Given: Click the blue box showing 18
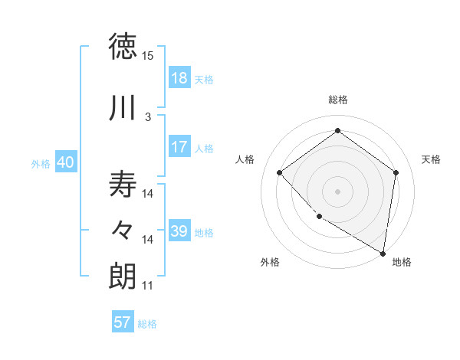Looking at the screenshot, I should click(179, 79).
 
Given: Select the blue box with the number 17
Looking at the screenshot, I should click(179, 147).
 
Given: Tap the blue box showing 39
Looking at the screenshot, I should click(179, 231).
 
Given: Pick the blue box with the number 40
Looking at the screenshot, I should click(65, 163).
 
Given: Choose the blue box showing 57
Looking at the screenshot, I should click(123, 322).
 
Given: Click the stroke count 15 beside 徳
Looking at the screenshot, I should click(148, 56).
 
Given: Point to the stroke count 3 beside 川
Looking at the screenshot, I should click(148, 116).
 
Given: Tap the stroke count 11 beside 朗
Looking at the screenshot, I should click(148, 286).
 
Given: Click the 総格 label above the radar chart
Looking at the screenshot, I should click(338, 100).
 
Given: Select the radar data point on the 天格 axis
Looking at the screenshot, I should click(396, 172).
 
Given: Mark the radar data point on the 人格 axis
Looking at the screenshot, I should click(280, 172).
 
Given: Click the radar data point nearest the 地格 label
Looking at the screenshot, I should click(383, 253).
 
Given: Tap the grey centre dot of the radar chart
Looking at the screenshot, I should click(337, 191).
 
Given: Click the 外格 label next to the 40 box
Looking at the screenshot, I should click(41, 164).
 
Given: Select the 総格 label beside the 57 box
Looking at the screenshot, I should click(147, 324).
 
